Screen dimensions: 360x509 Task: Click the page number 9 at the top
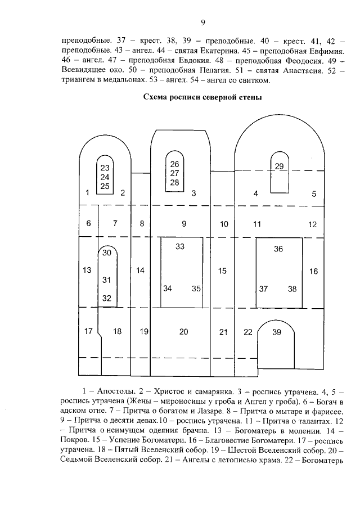tap(203, 22)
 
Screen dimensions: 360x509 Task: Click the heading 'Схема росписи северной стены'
tap(203, 97)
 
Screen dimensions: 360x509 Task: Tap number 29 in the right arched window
tap(280, 165)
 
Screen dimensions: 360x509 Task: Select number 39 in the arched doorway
tap(276, 332)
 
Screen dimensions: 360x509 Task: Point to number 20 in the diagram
tap(184, 332)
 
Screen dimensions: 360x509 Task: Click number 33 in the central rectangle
tap(180, 246)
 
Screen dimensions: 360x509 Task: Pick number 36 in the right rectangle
tap(278, 249)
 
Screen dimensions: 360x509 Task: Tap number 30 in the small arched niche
tap(107, 253)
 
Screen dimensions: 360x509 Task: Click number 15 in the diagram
tap(222, 271)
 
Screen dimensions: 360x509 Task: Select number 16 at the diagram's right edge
tap(313, 271)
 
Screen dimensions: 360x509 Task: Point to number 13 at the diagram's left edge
tap(87, 270)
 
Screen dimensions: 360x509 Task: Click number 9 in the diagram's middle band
tap(184, 224)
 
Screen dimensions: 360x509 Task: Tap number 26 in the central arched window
tap(174, 164)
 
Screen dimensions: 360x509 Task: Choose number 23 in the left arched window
tap(105, 168)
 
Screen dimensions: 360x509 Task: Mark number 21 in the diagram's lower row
tap(223, 332)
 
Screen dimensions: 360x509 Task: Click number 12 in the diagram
tap(313, 224)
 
